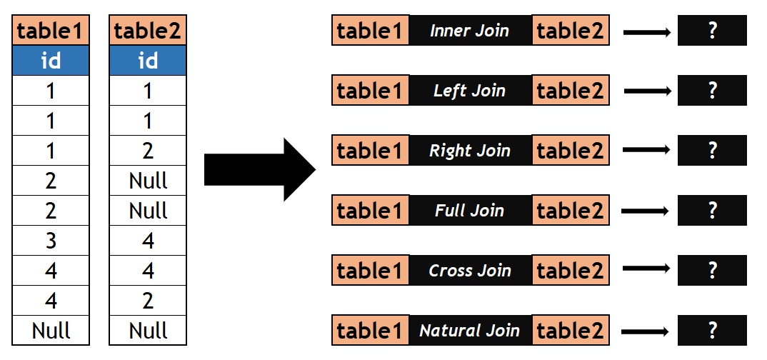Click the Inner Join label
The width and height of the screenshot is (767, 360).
click(470, 31)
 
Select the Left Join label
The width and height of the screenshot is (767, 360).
click(470, 91)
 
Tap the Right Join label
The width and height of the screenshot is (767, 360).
click(470, 151)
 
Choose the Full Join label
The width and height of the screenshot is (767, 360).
click(470, 211)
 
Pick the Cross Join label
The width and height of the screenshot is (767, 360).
click(470, 271)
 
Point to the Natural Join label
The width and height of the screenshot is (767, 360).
click(470, 331)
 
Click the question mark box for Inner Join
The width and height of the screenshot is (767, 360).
click(711, 31)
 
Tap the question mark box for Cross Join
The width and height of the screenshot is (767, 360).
click(711, 271)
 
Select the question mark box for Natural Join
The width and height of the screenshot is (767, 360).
click(711, 331)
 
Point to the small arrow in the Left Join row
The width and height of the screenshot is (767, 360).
click(647, 91)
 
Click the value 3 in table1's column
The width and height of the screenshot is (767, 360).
click(51, 241)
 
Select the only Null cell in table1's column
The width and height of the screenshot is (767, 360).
click(51, 331)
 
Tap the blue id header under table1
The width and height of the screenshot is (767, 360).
click(51, 61)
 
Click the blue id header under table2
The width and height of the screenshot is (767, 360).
click(148, 61)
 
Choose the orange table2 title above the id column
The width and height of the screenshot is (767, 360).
click(148, 31)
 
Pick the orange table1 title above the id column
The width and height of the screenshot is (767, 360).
click(51, 31)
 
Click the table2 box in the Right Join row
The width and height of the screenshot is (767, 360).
click(571, 151)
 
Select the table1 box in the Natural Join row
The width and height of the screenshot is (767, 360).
click(371, 331)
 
